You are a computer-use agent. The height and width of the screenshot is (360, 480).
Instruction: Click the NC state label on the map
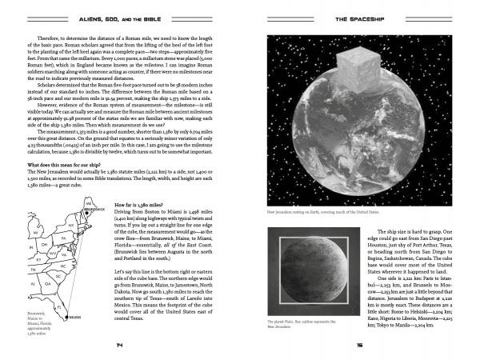(62, 265)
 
